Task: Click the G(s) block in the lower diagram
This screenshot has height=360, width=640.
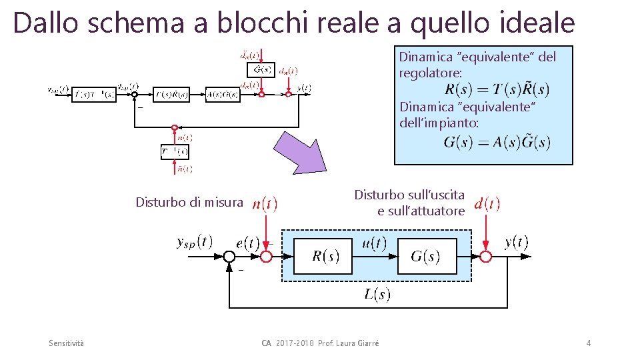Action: coord(426,256)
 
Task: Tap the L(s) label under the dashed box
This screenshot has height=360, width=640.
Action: coord(377,294)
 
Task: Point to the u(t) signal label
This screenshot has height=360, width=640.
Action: coord(374,243)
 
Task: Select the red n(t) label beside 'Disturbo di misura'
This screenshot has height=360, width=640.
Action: coord(265,203)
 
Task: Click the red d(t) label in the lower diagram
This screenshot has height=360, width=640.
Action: coord(487,203)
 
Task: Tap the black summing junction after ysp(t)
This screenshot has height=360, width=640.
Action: coord(230,257)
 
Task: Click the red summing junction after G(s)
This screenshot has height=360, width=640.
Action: coord(487,257)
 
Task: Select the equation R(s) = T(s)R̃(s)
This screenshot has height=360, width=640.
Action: coord(497,90)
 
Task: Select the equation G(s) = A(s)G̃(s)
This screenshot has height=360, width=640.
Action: coord(497,142)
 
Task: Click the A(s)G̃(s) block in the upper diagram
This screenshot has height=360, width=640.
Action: coord(223,95)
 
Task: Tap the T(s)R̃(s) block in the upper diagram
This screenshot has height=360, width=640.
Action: coord(171,95)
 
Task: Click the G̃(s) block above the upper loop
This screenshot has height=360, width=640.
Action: coord(261,69)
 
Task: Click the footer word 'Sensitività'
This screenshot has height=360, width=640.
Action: coord(67,343)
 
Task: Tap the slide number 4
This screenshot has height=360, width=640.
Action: coord(589,343)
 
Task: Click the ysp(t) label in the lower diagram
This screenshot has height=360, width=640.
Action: coord(195,242)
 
